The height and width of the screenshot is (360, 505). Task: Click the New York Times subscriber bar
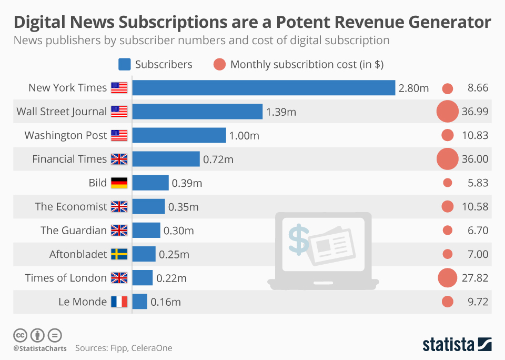pos(263,88)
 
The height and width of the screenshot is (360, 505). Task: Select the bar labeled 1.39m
pos(197,112)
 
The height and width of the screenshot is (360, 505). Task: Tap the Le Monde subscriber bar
pos(139,302)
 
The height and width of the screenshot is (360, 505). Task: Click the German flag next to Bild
pos(119,183)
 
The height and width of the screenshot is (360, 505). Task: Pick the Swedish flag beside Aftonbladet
pos(119,254)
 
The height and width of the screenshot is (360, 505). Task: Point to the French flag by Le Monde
pos(119,302)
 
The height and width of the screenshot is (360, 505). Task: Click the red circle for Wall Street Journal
pos(448,112)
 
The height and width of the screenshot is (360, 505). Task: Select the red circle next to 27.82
pos(447,278)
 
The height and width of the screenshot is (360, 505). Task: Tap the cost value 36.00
pos(474,159)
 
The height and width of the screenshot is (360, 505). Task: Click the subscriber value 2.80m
pos(413,88)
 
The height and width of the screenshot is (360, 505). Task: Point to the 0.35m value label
pos(183,207)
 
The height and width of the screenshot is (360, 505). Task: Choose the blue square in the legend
pos(124,64)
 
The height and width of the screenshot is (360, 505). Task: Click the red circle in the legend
pos(220,64)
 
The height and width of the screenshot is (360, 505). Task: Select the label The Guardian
pos(74,231)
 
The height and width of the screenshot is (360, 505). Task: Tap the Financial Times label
pos(69,159)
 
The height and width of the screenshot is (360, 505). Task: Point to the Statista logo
pos(457,345)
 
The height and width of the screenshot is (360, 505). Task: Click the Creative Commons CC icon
pos(20,335)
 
